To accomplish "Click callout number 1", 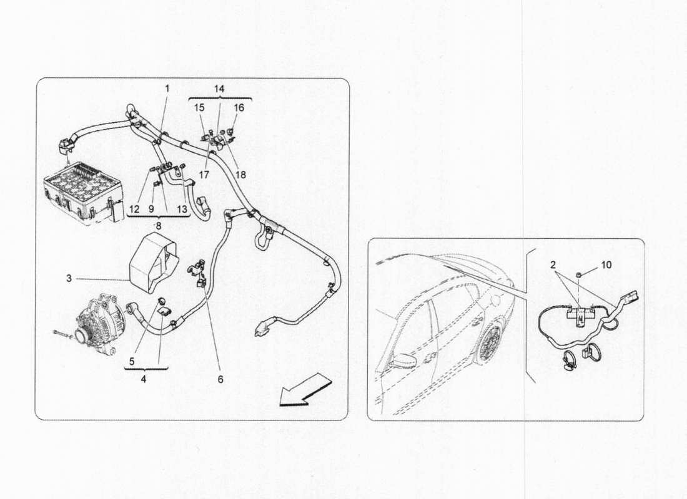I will [167, 89].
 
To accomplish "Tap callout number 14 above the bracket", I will [219, 89].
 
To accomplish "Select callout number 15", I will [199, 108].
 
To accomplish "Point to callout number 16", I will [239, 108].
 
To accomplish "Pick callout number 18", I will [240, 175].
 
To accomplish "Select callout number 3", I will [69, 279].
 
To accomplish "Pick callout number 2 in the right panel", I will [553, 264].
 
